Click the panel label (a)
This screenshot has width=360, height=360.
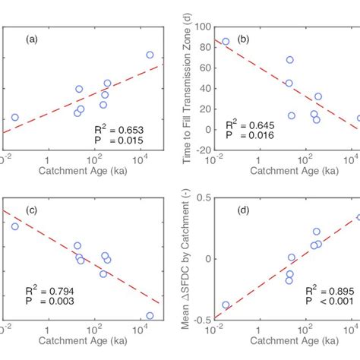(x=34, y=39)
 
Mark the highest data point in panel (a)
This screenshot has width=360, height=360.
(x=150, y=55)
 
